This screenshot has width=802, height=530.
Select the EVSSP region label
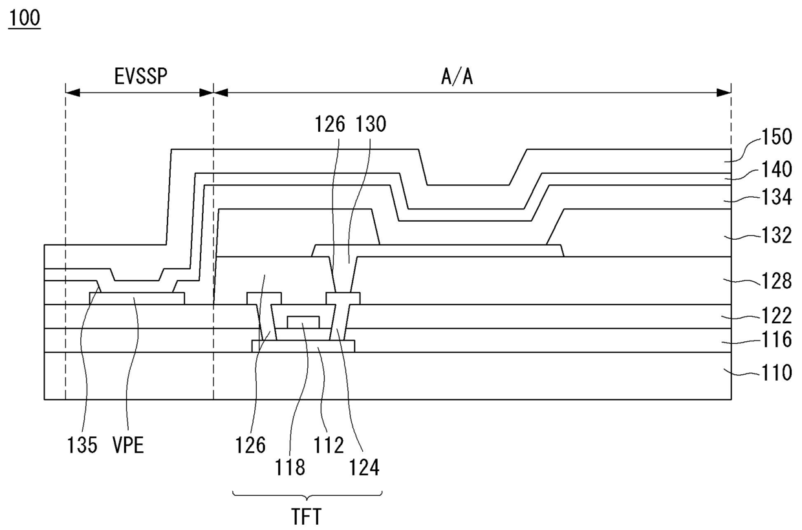click(140, 77)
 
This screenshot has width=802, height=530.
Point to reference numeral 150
click(776, 137)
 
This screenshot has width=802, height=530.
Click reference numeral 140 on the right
click(776, 170)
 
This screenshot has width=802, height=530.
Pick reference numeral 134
click(776, 198)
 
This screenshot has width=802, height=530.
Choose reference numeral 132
click(776, 235)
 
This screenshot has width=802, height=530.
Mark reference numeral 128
click(776, 282)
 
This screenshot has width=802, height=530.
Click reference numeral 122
click(776, 316)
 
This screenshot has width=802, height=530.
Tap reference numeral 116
click(776, 339)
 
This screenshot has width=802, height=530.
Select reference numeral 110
click(776, 373)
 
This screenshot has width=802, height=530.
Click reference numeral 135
click(83, 445)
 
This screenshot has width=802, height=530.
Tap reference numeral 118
click(290, 467)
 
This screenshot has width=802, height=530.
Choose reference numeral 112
click(329, 445)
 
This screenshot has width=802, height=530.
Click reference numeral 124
click(365, 467)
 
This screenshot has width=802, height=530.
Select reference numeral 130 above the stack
click(370, 124)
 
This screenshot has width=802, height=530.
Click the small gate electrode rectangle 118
click(303, 322)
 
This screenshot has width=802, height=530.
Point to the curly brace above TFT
click(307, 496)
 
